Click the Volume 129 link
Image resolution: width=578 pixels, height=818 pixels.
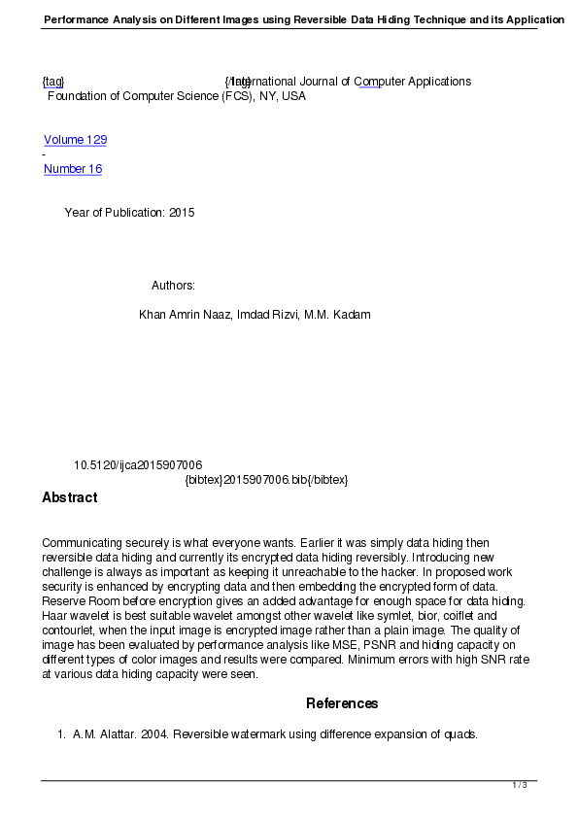[75, 140]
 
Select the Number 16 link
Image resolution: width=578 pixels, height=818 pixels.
[73, 169]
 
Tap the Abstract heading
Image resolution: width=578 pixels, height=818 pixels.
[70, 497]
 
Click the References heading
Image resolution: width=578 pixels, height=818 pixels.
[342, 703]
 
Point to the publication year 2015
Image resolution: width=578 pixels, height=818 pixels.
[182, 213]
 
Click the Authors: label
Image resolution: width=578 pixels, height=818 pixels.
[174, 286]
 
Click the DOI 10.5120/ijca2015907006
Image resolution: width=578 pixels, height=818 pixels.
[138, 465]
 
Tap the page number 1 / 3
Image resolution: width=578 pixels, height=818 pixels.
[520, 785]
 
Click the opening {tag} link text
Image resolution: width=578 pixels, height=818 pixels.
[53, 82]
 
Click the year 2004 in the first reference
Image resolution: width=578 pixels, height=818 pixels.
[152, 734]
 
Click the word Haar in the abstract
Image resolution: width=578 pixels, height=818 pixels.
[55, 616]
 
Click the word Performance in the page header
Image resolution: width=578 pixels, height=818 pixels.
[78, 19]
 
